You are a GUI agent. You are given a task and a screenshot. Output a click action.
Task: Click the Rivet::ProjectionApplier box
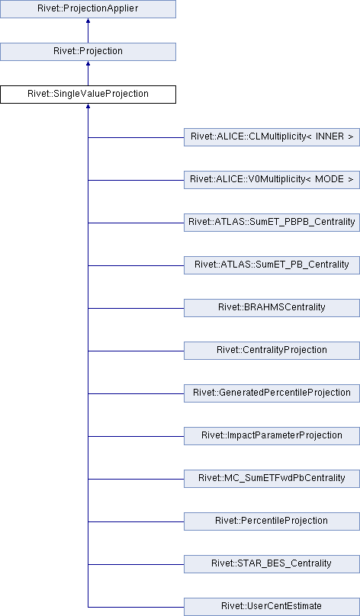pos(88,8)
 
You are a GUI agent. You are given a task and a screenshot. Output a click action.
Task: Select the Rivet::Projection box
pos(88,52)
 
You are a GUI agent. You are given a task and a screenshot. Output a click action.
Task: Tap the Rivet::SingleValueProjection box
pos(88,95)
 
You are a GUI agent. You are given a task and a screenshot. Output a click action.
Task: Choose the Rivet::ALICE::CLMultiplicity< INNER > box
pos(272,137)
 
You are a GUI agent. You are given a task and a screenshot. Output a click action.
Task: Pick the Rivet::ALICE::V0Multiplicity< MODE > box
pos(272,180)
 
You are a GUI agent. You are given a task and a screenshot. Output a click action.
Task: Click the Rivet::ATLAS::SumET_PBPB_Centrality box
pos(272,223)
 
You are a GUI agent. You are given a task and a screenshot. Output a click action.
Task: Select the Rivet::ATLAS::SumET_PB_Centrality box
pos(272,265)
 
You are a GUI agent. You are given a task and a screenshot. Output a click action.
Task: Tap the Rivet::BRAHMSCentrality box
pos(272,308)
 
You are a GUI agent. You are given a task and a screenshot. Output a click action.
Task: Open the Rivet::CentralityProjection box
pos(272,351)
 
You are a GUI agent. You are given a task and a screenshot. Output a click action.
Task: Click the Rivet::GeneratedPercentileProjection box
pos(272,393)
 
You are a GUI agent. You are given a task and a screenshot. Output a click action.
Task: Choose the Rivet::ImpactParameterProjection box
pos(272,436)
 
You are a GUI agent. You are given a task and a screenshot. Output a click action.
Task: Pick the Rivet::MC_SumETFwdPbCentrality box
pos(272,479)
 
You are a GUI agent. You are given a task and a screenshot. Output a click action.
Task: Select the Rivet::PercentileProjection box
pos(272,521)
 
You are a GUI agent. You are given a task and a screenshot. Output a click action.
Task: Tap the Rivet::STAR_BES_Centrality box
pos(272,564)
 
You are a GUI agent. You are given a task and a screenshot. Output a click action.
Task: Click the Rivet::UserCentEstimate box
pos(272,608)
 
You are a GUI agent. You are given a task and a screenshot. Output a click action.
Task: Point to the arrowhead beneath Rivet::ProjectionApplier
pos(88,21)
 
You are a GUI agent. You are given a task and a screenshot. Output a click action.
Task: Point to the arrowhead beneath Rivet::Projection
pos(88,63)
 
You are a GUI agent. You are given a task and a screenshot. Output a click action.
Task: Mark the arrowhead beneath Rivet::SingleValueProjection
pos(88,106)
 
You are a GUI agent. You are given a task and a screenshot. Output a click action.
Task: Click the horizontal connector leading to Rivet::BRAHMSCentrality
pos(136,309)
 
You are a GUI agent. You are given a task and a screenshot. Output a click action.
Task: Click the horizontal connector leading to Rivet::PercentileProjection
pos(136,522)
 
